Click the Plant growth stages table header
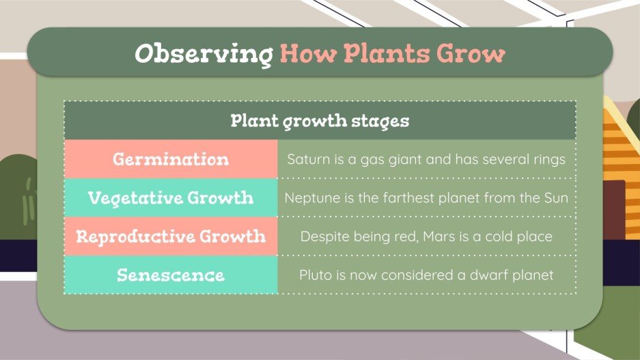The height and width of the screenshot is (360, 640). tap(320, 121)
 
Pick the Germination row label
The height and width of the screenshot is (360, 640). tap(171, 160)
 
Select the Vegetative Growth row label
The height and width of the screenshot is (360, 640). tap(171, 198)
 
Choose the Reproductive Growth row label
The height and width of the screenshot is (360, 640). tap(171, 236)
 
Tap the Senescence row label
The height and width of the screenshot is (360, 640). tap(171, 275)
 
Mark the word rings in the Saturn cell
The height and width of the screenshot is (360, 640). tap(550, 160)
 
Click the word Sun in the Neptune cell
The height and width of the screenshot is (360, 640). tap(557, 198)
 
